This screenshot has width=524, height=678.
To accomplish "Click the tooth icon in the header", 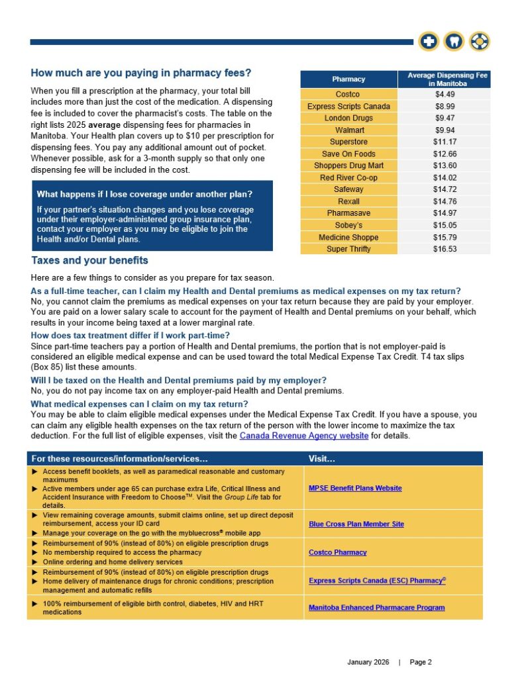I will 454,42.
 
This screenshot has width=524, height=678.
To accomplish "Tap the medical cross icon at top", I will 429,42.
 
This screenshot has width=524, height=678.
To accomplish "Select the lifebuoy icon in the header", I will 479,42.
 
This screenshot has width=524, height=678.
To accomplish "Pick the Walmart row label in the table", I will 348,130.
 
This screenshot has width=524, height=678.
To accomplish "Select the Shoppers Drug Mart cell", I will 348,166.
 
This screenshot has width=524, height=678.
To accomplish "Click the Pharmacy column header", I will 348,79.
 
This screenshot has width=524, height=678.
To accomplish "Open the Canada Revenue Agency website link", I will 304,436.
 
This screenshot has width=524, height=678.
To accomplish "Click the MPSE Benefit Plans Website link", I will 355,488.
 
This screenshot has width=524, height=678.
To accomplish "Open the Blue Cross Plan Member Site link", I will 356,524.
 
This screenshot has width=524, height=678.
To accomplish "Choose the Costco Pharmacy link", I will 337,552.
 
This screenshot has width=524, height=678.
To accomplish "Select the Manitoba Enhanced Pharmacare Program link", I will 376,607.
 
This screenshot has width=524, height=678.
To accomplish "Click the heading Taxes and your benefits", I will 89,260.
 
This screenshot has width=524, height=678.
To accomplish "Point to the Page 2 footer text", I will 421,662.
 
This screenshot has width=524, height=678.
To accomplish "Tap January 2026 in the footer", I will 369,662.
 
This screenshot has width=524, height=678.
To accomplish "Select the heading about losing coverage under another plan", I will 144,194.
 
